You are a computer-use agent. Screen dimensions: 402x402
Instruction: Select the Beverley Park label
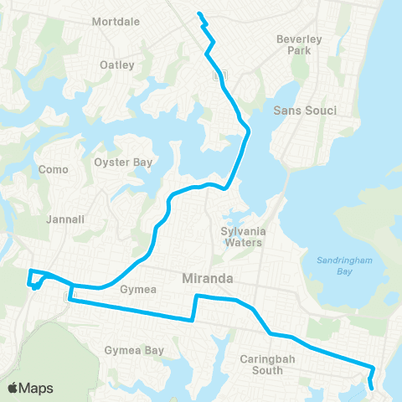click(300, 44)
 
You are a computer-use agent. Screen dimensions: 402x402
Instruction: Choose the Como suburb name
click(54, 169)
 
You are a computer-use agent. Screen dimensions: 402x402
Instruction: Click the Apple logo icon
click(14, 388)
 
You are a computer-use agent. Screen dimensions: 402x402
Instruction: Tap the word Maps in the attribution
click(38, 388)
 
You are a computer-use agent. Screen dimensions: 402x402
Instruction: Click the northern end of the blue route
click(198, 13)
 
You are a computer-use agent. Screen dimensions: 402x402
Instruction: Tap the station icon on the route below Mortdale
click(219, 75)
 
